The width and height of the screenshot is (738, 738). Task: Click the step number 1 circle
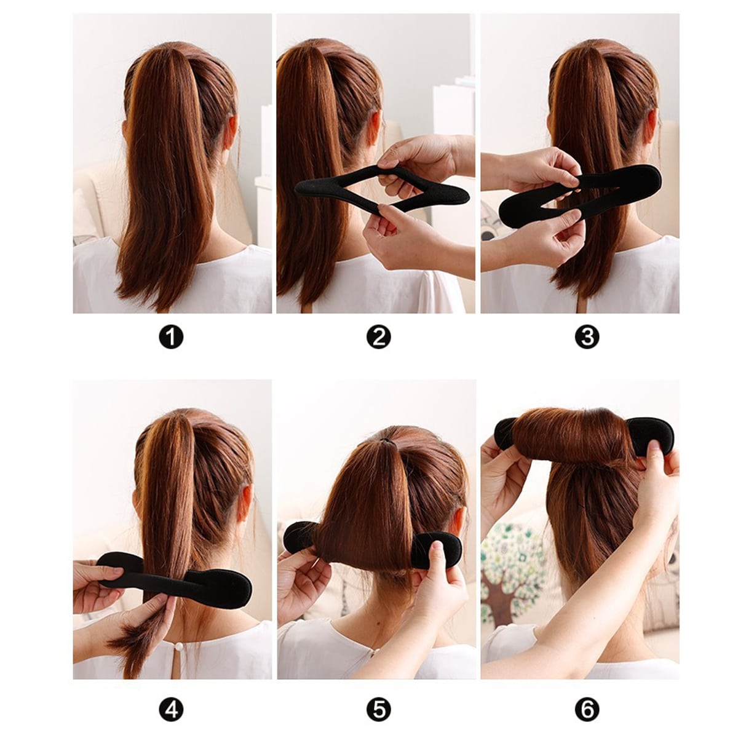171,338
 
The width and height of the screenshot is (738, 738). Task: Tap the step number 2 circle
378,338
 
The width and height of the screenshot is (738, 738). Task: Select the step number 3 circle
587,338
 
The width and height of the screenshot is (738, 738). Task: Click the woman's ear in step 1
231,132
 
